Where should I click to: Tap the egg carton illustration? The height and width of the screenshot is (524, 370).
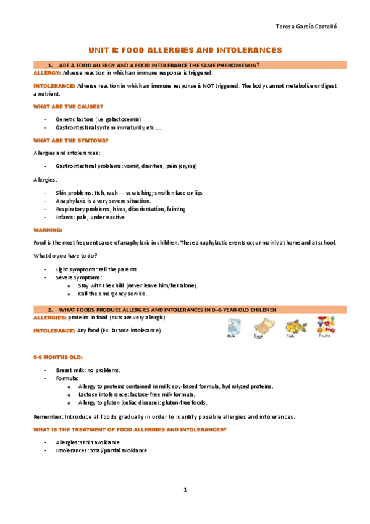coord(264,326)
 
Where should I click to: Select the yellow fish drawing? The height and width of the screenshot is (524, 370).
coord(295,325)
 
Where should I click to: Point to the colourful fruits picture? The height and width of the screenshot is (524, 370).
coord(325,324)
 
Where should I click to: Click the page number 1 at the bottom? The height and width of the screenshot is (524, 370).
coord(185,490)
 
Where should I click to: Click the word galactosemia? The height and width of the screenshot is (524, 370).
coord(124,119)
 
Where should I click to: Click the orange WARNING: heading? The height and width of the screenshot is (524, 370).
coord(47,230)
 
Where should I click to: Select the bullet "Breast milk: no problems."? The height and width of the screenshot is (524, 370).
coord(88,370)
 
